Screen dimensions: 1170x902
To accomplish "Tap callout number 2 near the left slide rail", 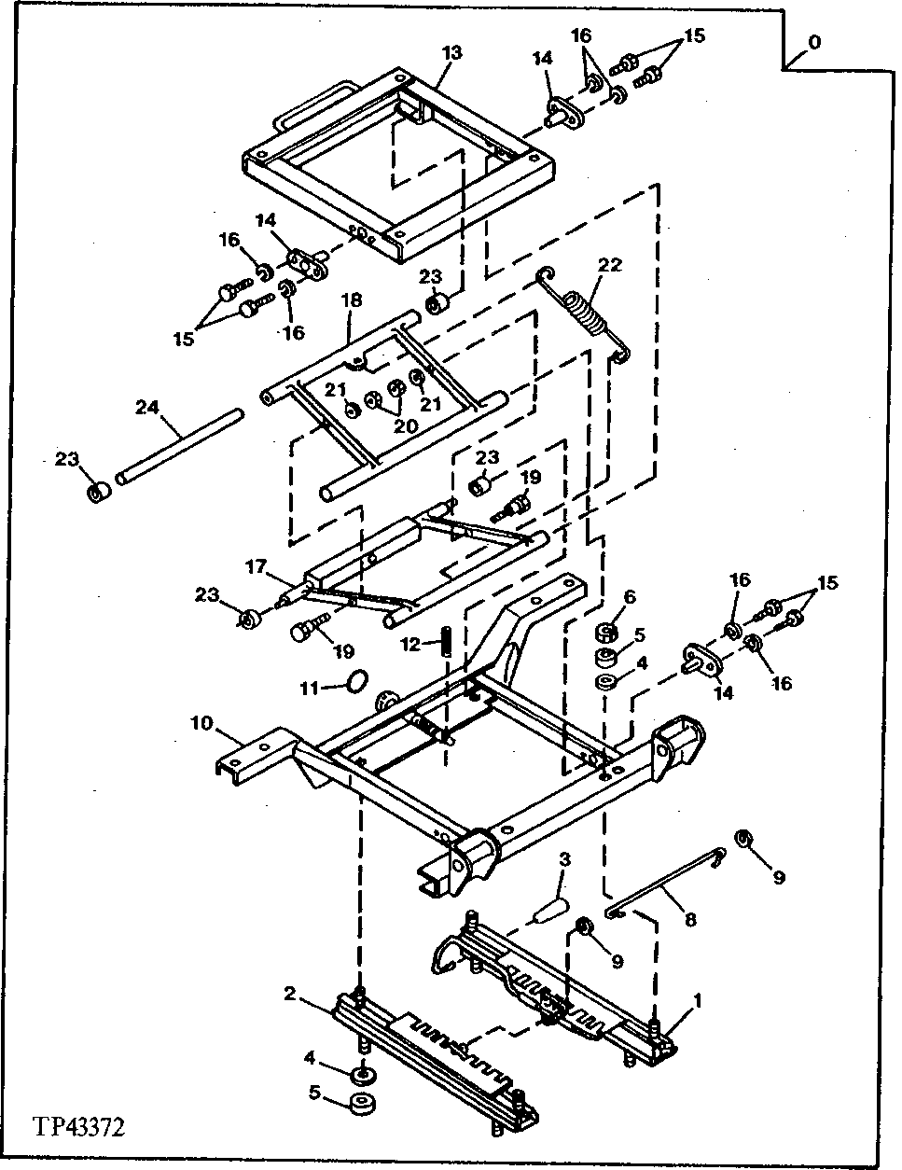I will click(x=291, y=995).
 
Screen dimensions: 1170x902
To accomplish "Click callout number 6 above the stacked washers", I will click(x=629, y=596).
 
